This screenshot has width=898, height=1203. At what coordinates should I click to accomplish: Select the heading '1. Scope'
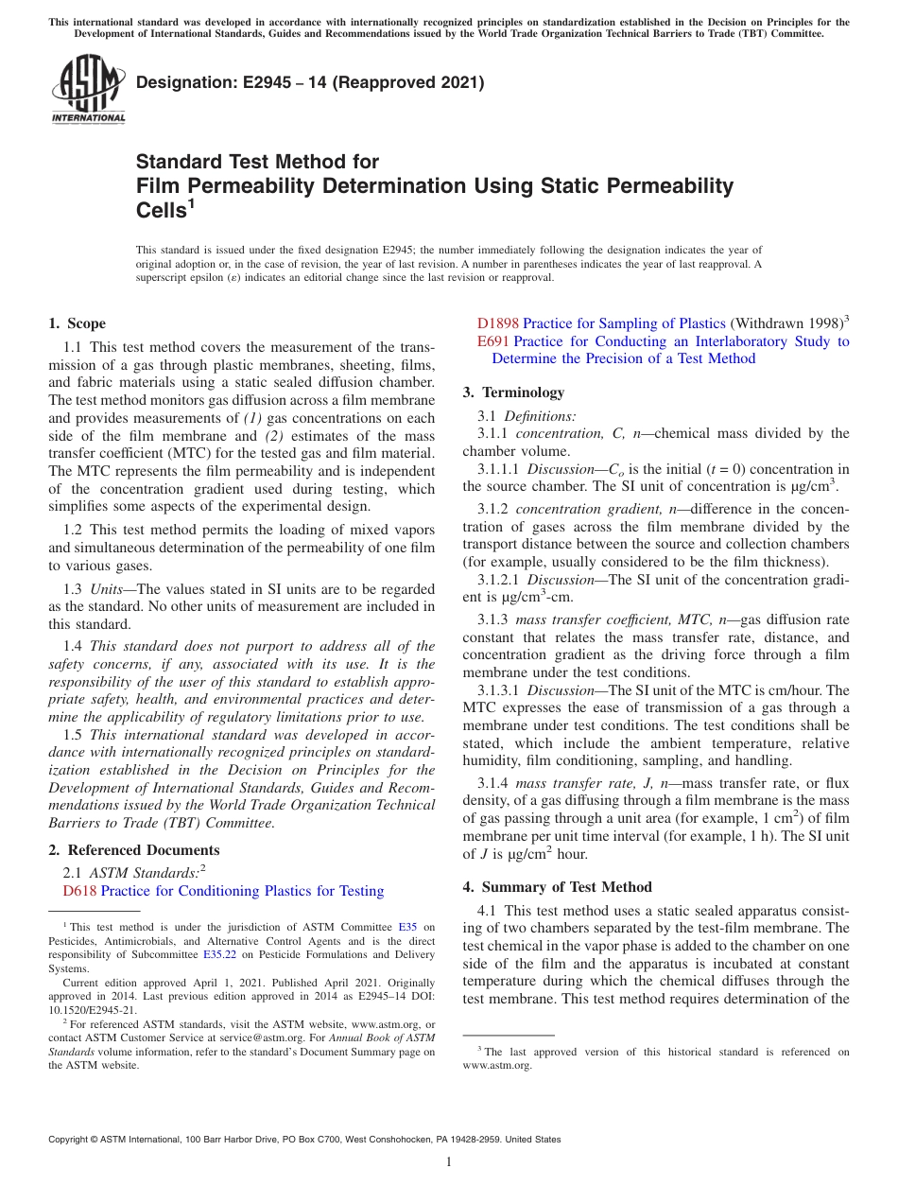click(77, 323)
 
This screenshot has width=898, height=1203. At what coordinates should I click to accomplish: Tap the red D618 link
click(79, 891)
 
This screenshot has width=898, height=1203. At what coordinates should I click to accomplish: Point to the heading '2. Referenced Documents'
click(133, 850)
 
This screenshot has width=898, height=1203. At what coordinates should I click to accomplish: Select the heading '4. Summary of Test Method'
click(557, 887)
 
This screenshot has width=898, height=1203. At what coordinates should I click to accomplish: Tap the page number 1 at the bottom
click(449, 1162)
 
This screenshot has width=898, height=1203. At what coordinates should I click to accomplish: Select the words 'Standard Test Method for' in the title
click(257, 162)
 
